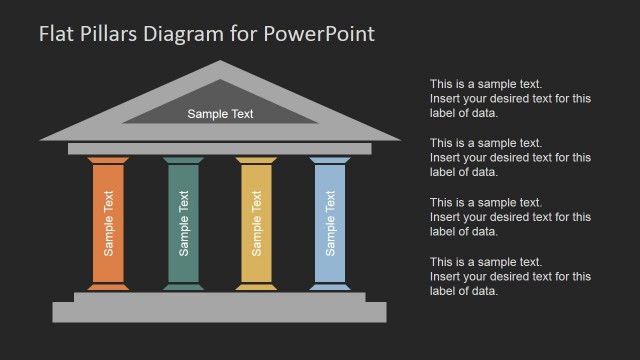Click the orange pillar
[x=109, y=223]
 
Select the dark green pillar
[x=182, y=223]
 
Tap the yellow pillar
[x=256, y=223]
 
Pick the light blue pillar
[x=329, y=223]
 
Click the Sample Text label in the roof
[x=220, y=114]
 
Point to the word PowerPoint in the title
[x=320, y=34]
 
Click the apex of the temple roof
[x=221, y=65]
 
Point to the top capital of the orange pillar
[x=109, y=160]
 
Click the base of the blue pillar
[x=329, y=285]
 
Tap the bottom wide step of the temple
[x=219, y=312]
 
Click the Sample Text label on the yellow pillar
[x=256, y=223]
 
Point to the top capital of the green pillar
[x=182, y=160]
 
